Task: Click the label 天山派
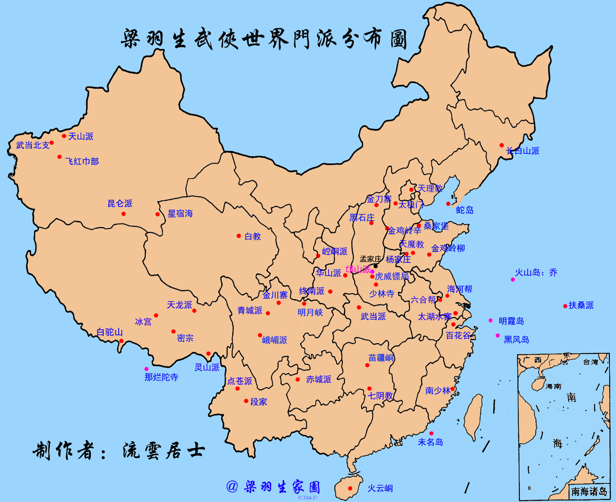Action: (81, 136)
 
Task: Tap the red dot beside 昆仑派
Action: (123, 214)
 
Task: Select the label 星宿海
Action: (180, 214)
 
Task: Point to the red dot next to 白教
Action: (239, 236)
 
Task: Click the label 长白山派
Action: (523, 151)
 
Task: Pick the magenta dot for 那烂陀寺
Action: (147, 369)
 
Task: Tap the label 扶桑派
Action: (581, 305)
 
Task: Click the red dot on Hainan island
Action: (350, 488)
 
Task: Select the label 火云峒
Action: (380, 488)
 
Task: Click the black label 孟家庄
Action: (370, 259)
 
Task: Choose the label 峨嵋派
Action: (274, 340)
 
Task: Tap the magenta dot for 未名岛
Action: (431, 433)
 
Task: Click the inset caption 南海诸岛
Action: (589, 491)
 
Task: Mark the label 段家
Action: (259, 402)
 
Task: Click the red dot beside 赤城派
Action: (298, 379)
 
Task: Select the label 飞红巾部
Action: (82, 161)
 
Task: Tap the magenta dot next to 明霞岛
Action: (490, 320)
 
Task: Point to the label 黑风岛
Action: (516, 340)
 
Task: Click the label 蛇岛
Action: (465, 210)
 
